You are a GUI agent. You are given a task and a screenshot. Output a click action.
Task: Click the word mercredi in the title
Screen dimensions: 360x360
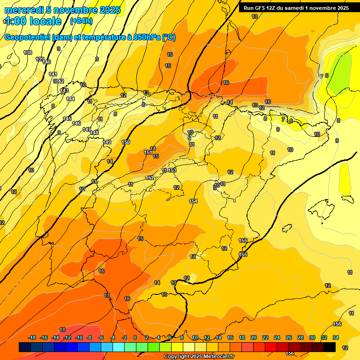pos(23,10)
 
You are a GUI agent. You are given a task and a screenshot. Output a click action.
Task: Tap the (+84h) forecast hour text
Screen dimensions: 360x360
pos(81,21)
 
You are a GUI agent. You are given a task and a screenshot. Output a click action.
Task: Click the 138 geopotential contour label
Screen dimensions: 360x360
pos(28,52)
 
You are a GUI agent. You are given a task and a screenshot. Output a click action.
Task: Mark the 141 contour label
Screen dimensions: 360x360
pos(53,75)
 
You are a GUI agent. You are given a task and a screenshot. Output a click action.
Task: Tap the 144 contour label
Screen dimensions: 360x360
pos(70,99)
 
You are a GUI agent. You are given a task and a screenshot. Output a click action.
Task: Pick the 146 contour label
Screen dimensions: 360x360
pos(76,123)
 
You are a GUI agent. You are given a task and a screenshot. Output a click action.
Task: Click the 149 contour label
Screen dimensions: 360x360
pos(107,142)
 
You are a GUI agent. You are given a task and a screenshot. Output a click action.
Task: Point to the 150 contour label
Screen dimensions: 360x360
pos(126,142)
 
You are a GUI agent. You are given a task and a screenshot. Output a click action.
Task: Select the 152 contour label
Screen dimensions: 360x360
pos(150,177)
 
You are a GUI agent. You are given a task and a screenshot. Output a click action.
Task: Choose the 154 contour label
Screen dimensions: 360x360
pos(193,201)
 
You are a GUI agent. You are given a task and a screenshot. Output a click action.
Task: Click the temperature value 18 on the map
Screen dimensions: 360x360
pos(62,330)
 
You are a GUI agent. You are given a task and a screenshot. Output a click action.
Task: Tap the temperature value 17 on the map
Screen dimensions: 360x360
pos(107,295)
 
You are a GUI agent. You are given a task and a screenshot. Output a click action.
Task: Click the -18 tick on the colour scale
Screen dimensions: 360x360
pos(32,337)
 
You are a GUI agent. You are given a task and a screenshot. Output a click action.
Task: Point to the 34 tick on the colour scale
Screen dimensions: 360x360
pos(336,337)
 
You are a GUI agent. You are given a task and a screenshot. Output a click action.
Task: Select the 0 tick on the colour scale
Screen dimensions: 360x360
pos(135,337)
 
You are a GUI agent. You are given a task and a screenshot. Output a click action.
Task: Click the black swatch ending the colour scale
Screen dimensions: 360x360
pos(330,347)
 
